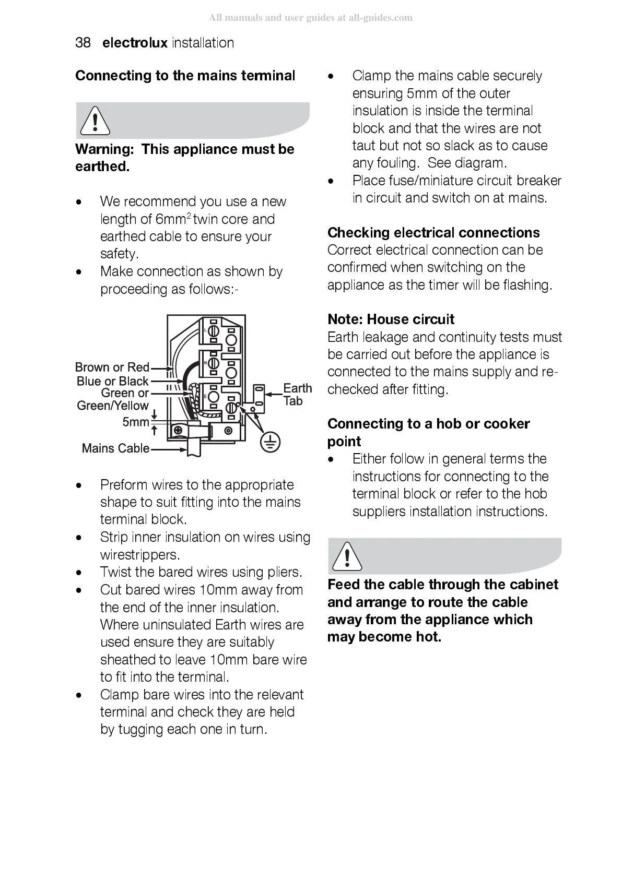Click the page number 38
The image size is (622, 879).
point(83,43)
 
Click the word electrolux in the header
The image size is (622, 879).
point(135,43)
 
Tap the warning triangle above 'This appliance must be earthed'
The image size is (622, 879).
point(95,120)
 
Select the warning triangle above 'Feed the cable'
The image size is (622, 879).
point(345,556)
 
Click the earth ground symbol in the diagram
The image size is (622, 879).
point(269,443)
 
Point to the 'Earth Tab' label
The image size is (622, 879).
point(297,395)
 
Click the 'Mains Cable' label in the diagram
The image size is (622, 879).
point(115,448)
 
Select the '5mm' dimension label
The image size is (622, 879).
point(135,422)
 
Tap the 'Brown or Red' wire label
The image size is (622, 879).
point(112,367)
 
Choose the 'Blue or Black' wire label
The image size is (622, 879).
point(112,381)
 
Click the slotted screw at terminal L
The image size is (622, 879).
point(213,332)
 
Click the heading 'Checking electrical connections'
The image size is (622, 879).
point(433,233)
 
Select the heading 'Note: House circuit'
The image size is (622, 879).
point(391,319)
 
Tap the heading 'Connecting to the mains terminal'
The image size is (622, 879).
point(185,76)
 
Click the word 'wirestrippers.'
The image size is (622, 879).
point(140,554)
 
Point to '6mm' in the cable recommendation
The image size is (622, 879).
point(171,219)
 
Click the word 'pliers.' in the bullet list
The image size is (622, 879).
point(285,572)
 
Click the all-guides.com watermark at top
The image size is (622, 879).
point(311,18)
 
